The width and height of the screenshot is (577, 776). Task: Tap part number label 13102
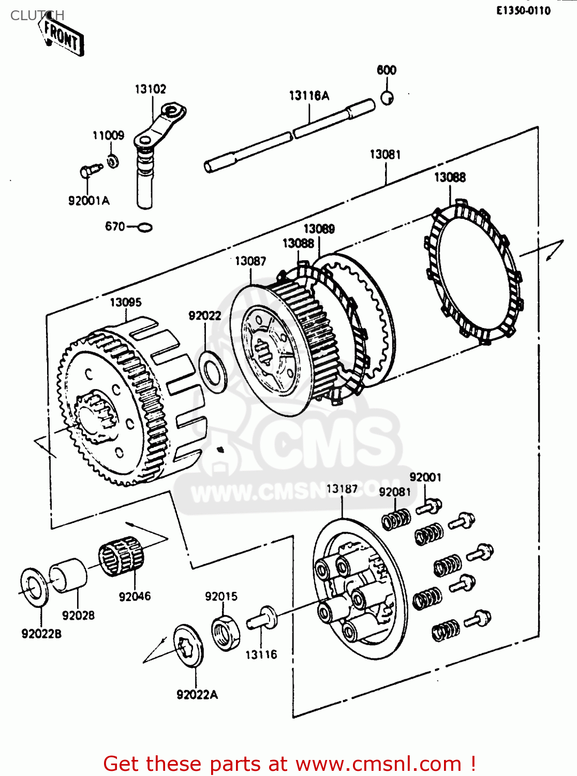151,89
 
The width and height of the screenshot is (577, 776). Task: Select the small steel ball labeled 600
387,98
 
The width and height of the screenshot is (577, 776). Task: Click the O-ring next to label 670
145,227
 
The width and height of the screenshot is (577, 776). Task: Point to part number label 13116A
309,96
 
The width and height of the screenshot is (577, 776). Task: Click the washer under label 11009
112,161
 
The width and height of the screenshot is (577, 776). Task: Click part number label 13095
125,302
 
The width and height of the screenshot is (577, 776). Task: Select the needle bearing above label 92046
121,556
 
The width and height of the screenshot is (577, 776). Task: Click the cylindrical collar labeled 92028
68,575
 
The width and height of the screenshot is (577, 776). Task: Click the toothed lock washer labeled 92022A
187,646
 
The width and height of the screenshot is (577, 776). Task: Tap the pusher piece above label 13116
262,618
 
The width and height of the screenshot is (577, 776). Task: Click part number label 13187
342,489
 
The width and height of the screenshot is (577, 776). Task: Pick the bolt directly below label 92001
429,506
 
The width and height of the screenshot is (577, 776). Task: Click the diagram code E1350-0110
523,11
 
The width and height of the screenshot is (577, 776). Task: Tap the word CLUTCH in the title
37,16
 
